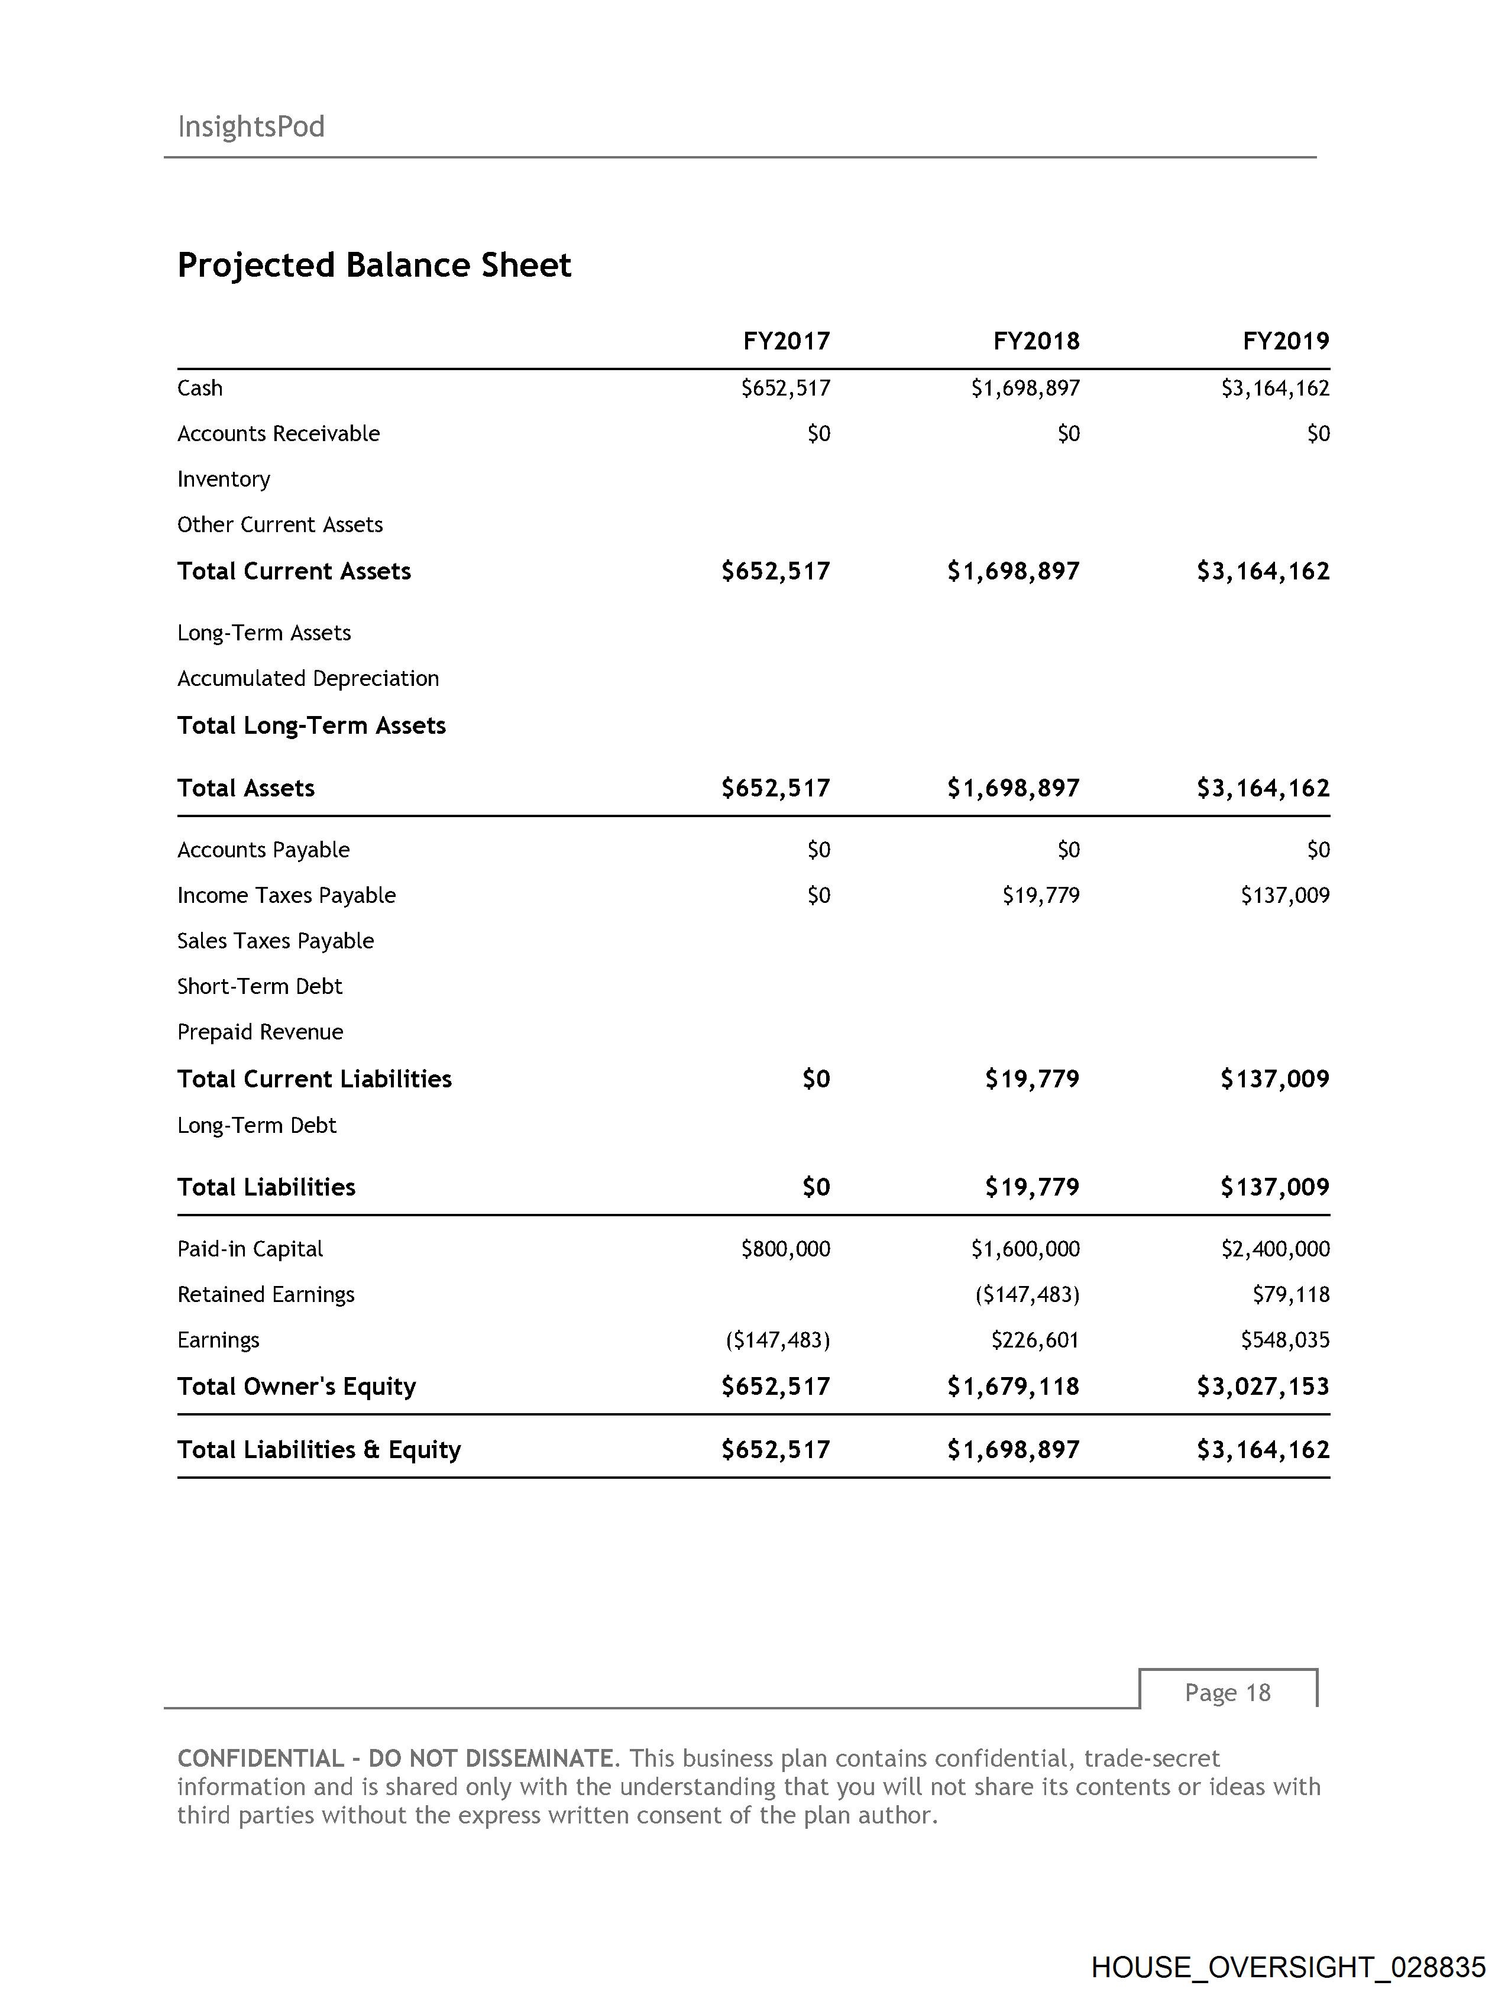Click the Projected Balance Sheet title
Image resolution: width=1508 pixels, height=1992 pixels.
(374, 265)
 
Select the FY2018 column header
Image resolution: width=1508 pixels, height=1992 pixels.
(1036, 341)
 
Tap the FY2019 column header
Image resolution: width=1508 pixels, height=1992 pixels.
(1286, 341)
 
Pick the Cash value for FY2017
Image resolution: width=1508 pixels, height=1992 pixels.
(785, 388)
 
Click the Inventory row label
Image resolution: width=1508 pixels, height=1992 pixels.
(224, 479)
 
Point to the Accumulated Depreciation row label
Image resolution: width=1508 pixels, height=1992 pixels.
(308, 678)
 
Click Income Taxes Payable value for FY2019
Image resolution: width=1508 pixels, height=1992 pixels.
(1284, 895)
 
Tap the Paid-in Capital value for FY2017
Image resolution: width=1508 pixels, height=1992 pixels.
(785, 1249)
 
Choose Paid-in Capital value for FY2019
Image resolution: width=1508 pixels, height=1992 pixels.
(1274, 1249)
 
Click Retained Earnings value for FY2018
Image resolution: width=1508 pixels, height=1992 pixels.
(1027, 1295)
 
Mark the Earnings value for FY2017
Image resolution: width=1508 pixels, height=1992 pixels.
(778, 1340)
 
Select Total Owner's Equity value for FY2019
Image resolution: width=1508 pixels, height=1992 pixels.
(1263, 1386)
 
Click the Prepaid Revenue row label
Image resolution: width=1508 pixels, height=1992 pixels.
(260, 1032)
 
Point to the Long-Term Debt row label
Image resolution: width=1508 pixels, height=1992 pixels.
(257, 1126)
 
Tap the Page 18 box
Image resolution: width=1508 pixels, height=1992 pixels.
(1227, 1693)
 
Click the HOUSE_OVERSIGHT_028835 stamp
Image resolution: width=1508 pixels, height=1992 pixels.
(1287, 1967)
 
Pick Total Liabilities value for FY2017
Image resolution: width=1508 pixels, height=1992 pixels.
(816, 1187)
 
